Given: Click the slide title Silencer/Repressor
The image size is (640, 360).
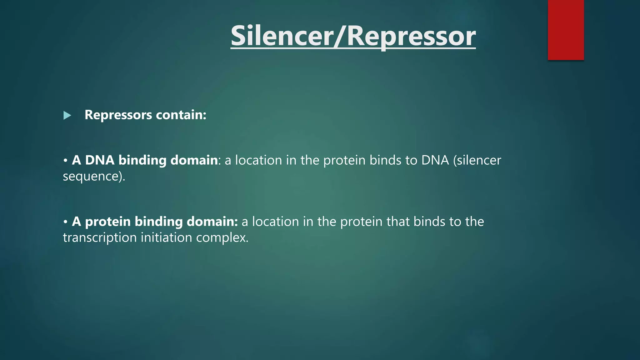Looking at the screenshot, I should pos(353,36).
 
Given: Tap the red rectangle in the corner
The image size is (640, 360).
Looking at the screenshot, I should pos(566,30).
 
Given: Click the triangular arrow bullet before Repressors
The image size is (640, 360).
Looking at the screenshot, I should pos(67,116).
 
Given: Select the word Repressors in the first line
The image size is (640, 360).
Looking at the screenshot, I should pos(118,115).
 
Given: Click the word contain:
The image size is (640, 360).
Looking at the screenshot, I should pos(181,115).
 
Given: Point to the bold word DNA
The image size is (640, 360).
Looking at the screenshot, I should pos(100,160).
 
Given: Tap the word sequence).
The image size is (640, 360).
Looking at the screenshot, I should pos(94,177).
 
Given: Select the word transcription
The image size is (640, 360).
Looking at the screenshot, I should pos(100,238).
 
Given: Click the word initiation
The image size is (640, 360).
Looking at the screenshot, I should pos(166,238).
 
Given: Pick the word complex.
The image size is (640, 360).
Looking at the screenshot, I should pos(222,238).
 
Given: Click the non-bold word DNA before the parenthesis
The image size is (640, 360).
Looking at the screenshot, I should pos(435,160).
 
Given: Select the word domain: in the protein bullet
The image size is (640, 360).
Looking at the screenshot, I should pos(212,222).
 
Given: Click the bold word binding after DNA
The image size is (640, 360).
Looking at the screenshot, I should pos(142,160).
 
